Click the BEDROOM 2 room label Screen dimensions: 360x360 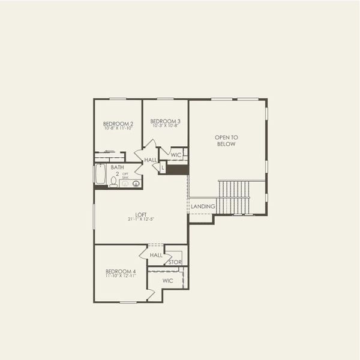(x=118, y=123)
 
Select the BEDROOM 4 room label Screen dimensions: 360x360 (x=121, y=271)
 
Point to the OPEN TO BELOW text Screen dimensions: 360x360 (x=226, y=140)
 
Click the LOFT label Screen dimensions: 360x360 (x=141, y=214)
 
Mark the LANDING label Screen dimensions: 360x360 (x=203, y=206)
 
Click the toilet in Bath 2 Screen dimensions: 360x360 (x=113, y=182)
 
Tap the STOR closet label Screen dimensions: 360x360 (x=175, y=262)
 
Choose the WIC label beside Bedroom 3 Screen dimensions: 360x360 (x=176, y=155)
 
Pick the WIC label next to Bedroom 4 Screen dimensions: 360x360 (x=168, y=280)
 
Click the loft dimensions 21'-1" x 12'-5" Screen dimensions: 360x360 (x=141, y=220)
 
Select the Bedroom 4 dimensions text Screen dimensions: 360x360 (x=121, y=276)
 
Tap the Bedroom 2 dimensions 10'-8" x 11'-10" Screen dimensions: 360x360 (x=118, y=128)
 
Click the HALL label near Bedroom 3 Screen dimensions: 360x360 (x=150, y=160)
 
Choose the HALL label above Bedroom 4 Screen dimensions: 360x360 (x=156, y=255)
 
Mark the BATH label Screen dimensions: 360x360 (x=117, y=167)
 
